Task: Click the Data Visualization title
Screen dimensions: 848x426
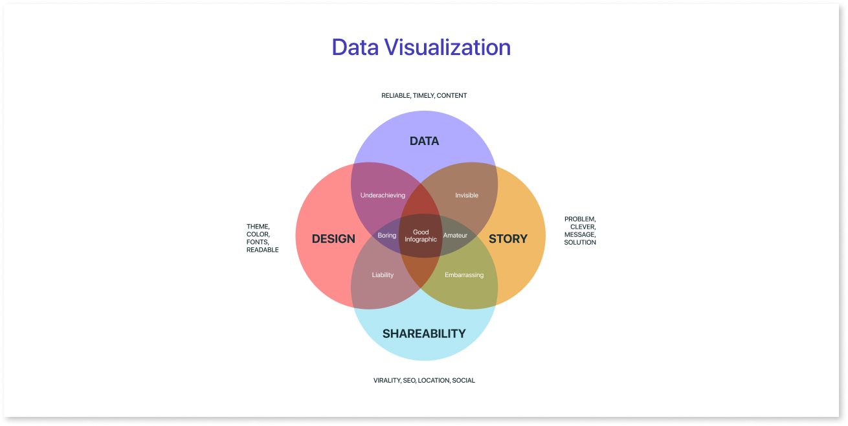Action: pyautogui.click(x=421, y=47)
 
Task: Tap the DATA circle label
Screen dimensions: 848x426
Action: pyautogui.click(x=424, y=141)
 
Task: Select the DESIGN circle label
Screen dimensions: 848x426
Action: pyautogui.click(x=333, y=238)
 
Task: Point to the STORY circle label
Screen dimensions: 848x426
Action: pyautogui.click(x=508, y=238)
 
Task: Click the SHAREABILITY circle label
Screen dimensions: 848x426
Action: pyautogui.click(x=424, y=333)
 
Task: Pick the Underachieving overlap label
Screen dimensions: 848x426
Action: pyautogui.click(x=383, y=195)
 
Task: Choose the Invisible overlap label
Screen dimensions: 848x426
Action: pyautogui.click(x=466, y=195)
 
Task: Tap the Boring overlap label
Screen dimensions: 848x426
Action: pyautogui.click(x=387, y=235)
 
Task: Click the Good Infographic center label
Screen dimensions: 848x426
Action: pyautogui.click(x=421, y=236)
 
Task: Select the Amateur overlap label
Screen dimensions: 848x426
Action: pyautogui.click(x=455, y=235)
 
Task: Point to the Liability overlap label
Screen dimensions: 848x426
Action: pyautogui.click(x=383, y=275)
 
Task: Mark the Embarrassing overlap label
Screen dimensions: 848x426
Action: pyautogui.click(x=464, y=275)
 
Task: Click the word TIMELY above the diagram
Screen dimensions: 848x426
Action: pyautogui.click(x=423, y=95)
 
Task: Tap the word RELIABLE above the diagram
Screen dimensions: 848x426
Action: pyautogui.click(x=396, y=95)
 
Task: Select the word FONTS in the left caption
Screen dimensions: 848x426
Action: pyautogui.click(x=258, y=242)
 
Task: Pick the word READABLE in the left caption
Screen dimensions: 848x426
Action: pyautogui.click(x=262, y=249)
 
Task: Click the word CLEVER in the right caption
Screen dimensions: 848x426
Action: pyautogui.click(x=583, y=227)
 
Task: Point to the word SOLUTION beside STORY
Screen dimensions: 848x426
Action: pyautogui.click(x=580, y=242)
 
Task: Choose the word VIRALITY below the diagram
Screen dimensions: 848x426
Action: pyautogui.click(x=387, y=380)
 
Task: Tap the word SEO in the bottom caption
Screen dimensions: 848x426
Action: pyautogui.click(x=410, y=380)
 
